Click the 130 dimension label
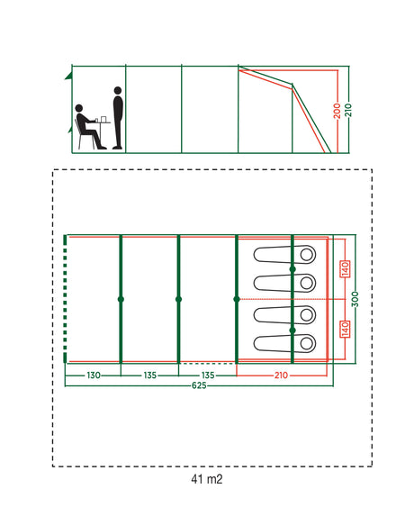[x=94, y=376]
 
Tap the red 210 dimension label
[x=281, y=376]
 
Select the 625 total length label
[x=199, y=385]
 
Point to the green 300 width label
[x=355, y=299]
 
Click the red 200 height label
[x=337, y=111]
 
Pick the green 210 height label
[x=348, y=110]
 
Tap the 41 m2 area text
[x=206, y=479]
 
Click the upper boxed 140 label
[x=345, y=269]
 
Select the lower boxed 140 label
[x=345, y=329]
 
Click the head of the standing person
[x=118, y=90]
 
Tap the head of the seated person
[x=79, y=108]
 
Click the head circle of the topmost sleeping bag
[x=307, y=255]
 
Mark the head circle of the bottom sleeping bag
[x=307, y=343]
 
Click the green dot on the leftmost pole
[x=121, y=299]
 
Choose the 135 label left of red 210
[x=208, y=376]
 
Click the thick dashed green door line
[x=65, y=299]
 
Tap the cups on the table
[x=102, y=119]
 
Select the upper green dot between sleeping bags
[x=292, y=269]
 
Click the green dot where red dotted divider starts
[x=237, y=299]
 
